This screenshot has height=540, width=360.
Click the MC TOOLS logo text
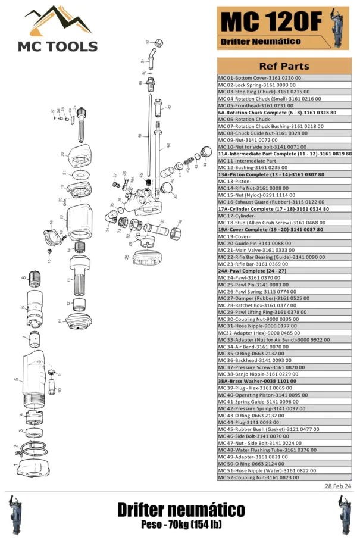pyautogui.click(x=58, y=46)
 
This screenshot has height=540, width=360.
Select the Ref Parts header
pyautogui.click(x=284, y=65)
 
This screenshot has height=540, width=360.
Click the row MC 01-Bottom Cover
pyautogui.click(x=260, y=78)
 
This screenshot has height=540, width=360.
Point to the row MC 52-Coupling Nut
pyautogui.click(x=258, y=477)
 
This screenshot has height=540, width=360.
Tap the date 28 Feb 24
pyautogui.click(x=337, y=486)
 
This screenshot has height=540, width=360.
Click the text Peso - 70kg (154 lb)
pyautogui.click(x=180, y=525)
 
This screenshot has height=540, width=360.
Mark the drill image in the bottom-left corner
pyautogui.click(x=15, y=514)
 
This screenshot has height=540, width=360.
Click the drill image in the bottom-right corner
pyautogui.click(x=345, y=514)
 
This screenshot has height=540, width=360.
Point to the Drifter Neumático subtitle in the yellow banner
pyautogui.click(x=261, y=42)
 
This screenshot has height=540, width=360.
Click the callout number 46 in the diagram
pyautogui.click(x=168, y=146)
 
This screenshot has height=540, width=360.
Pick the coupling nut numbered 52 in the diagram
pyautogui.click(x=159, y=42)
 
